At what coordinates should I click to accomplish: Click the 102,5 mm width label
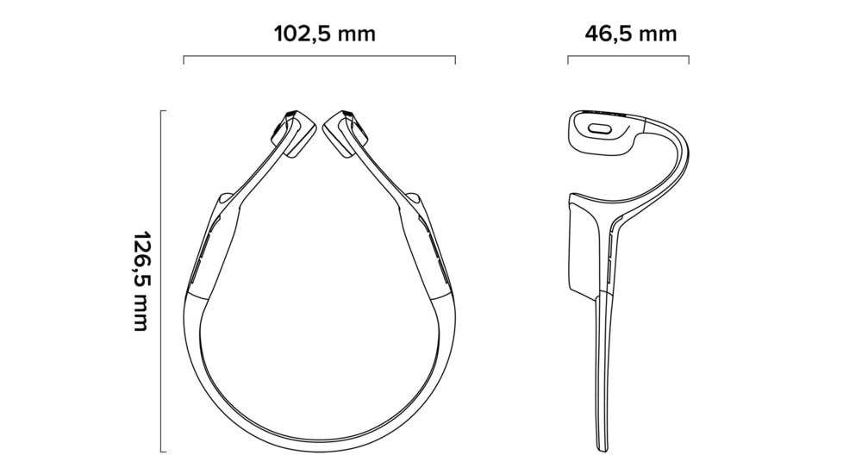pos(325,34)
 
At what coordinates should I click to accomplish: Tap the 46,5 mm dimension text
pos(631,34)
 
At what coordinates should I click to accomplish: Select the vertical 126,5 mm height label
pos(140,282)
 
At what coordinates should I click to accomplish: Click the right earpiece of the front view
pos(347,134)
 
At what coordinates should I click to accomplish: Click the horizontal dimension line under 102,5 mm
pos(319,56)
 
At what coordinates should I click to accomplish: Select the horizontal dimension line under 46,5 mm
pos(628,56)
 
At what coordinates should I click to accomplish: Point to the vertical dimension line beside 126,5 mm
pos(161,281)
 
